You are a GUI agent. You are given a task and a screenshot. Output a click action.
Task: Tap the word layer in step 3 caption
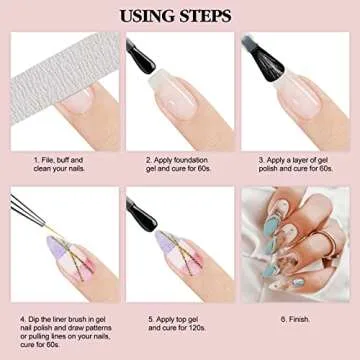(x=294, y=158)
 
